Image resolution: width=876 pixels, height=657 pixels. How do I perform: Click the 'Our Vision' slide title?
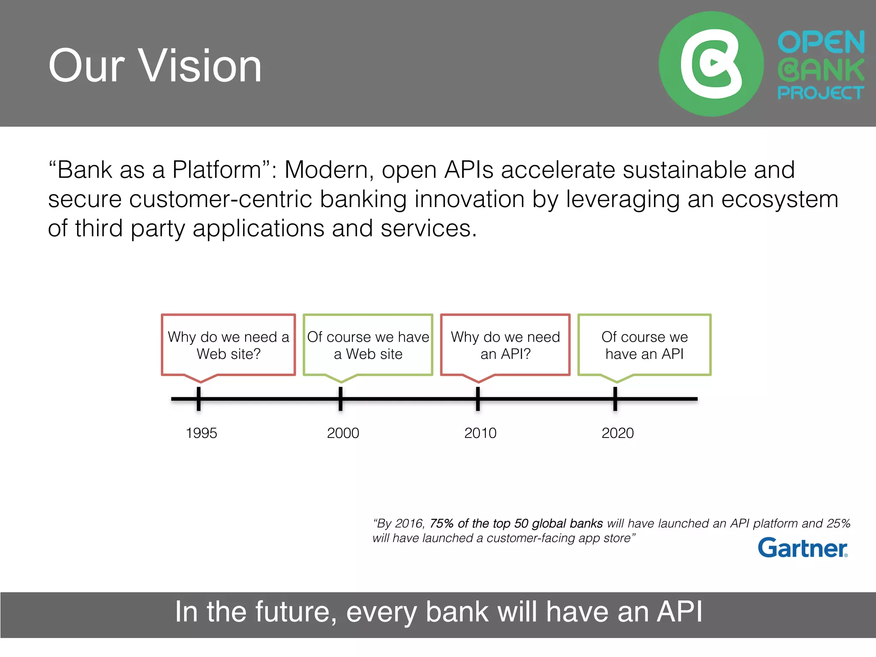tap(155, 66)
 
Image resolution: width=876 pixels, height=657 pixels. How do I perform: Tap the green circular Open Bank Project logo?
tap(711, 64)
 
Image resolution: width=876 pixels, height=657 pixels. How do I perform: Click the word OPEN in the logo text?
tap(821, 42)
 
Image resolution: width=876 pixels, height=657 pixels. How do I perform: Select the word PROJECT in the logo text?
tap(820, 92)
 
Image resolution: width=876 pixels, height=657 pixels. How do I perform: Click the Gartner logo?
tap(802, 548)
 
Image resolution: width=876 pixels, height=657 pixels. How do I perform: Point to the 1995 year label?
tap(201, 433)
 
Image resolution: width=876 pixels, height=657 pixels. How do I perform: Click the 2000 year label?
tap(343, 433)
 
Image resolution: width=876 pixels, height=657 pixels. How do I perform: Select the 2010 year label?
tap(480, 433)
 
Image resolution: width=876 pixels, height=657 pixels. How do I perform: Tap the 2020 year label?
tap(618, 433)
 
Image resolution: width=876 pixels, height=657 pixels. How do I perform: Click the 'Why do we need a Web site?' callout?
tap(228, 345)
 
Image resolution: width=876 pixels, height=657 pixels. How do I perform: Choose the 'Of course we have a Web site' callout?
tap(368, 345)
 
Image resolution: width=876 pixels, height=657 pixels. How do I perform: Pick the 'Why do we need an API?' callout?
tap(505, 345)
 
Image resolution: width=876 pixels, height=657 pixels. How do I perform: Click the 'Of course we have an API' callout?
tap(644, 345)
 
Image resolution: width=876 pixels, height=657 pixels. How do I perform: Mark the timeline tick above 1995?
tap(198, 399)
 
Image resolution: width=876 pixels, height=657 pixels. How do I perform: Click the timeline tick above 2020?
tap(615, 399)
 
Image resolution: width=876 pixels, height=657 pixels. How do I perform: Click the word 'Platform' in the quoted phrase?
tap(217, 170)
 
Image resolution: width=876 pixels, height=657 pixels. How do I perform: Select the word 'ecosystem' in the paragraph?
tap(779, 199)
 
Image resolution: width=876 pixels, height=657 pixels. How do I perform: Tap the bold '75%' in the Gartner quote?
tap(441, 523)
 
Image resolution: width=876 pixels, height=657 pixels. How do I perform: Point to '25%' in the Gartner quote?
tap(838, 523)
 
